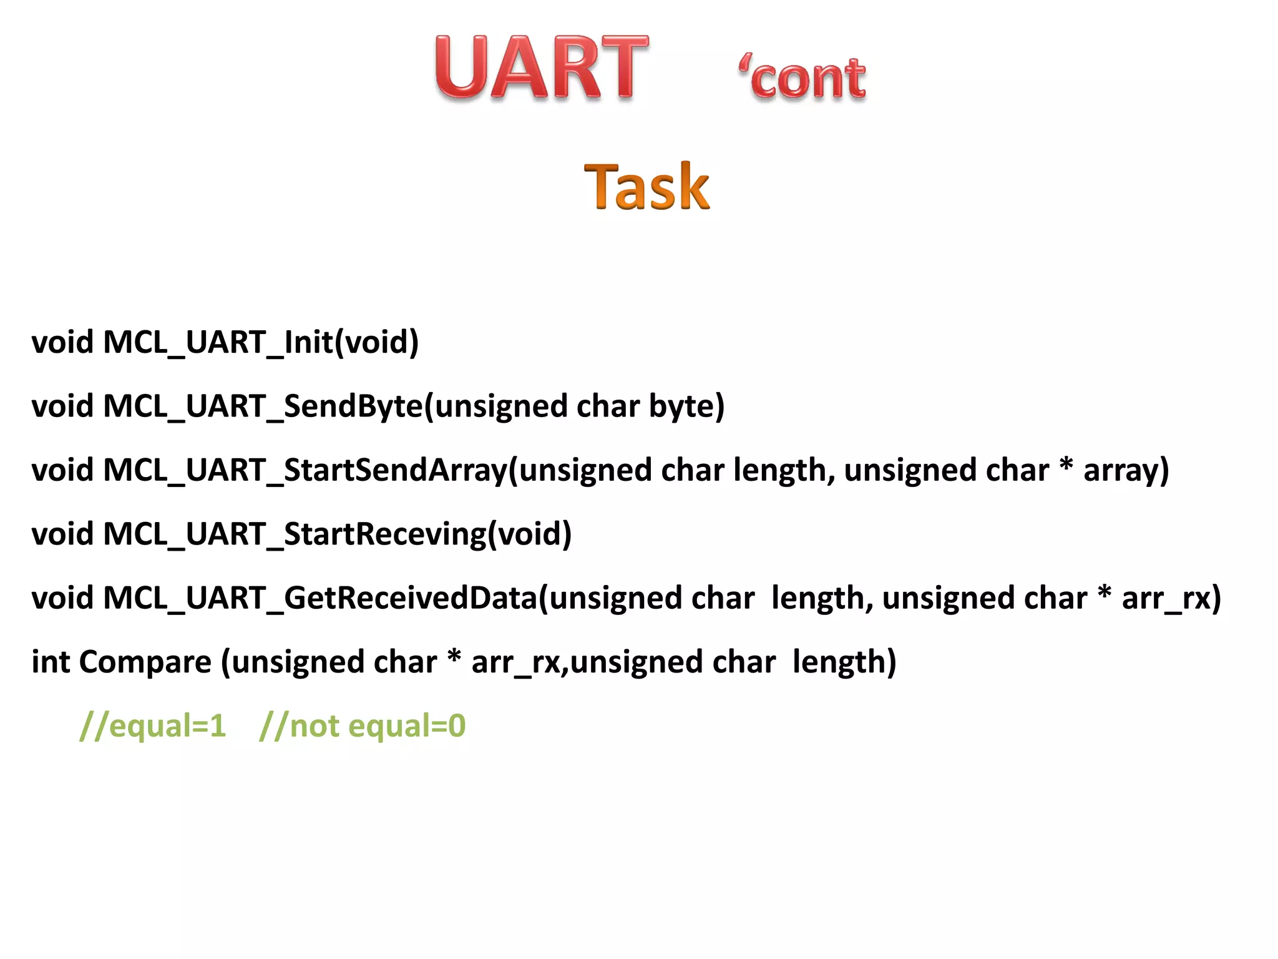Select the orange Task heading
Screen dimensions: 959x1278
pos(646,187)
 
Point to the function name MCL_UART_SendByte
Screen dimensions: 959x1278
pos(262,406)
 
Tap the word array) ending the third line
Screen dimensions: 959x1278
pos(1126,470)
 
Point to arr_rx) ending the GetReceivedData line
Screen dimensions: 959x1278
pos(1171,598)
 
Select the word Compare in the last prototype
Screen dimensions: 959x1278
pos(145,662)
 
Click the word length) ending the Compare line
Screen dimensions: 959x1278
pos(844,662)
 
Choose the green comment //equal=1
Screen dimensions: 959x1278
pos(153,726)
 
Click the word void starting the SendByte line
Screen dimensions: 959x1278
pos(62,406)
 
